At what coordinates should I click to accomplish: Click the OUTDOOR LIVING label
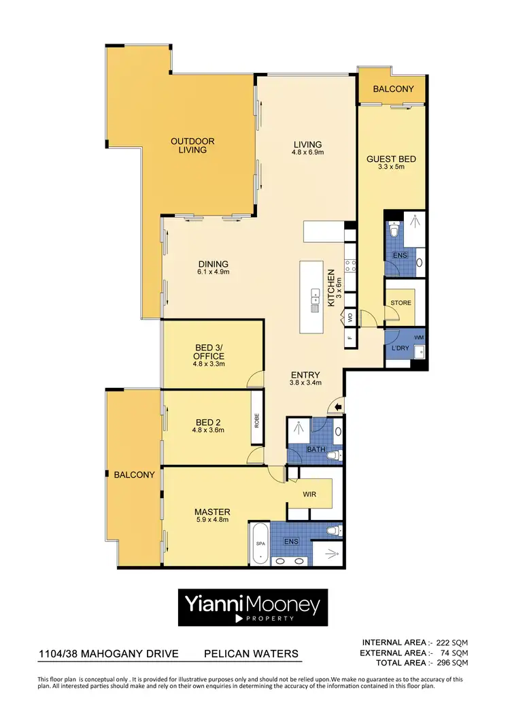tap(192, 146)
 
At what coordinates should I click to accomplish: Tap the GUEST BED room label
tap(391, 159)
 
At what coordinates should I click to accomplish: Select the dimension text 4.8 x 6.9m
tap(307, 153)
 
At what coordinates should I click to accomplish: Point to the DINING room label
tap(213, 265)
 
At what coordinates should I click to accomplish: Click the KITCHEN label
tap(331, 288)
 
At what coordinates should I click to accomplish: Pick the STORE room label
tap(401, 303)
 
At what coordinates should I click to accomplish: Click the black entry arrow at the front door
tap(337, 408)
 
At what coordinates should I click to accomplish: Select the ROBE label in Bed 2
tap(257, 420)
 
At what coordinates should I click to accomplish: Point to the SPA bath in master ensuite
tap(259, 544)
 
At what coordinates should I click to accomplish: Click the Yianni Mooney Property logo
tap(253, 607)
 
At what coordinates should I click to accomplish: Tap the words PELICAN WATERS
tap(251, 654)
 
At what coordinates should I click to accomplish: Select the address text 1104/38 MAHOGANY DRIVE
tap(108, 654)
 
